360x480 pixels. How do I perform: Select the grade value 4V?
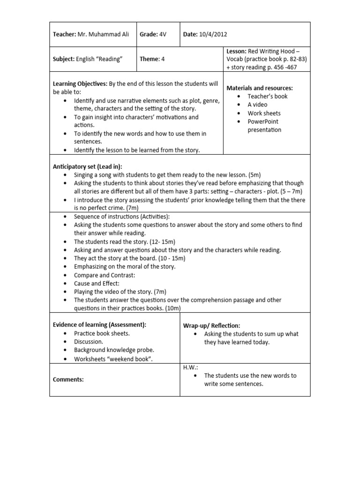point(163,34)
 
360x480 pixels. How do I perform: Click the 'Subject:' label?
point(63,59)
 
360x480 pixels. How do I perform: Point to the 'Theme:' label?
point(149,59)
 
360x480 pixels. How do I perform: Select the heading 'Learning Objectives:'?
point(80,84)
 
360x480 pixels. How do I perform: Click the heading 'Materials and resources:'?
point(260,88)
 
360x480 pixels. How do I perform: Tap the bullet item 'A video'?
point(257,105)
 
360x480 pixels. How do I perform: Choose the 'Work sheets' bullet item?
point(264,113)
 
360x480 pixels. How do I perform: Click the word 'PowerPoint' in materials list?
point(263,121)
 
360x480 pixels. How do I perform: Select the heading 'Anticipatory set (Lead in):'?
point(87,166)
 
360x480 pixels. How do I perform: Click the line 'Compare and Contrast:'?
point(105,275)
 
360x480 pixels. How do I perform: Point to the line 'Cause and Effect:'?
point(97,284)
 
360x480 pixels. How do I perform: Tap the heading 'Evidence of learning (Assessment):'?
point(99,325)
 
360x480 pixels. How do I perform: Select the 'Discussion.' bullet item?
point(89,342)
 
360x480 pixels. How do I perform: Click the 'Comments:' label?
point(68,380)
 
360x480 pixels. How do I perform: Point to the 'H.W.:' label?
point(190,367)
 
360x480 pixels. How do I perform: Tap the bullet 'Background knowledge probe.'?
point(114,350)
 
